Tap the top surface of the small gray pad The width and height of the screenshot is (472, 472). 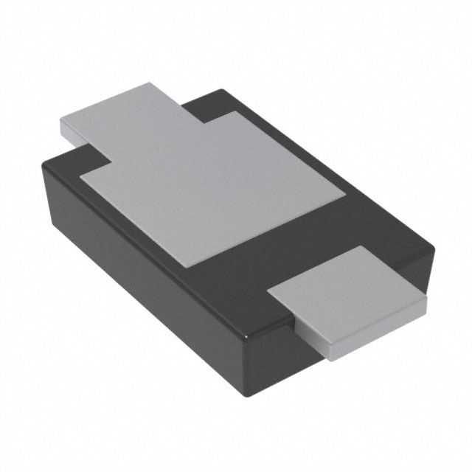pos(347,288)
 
